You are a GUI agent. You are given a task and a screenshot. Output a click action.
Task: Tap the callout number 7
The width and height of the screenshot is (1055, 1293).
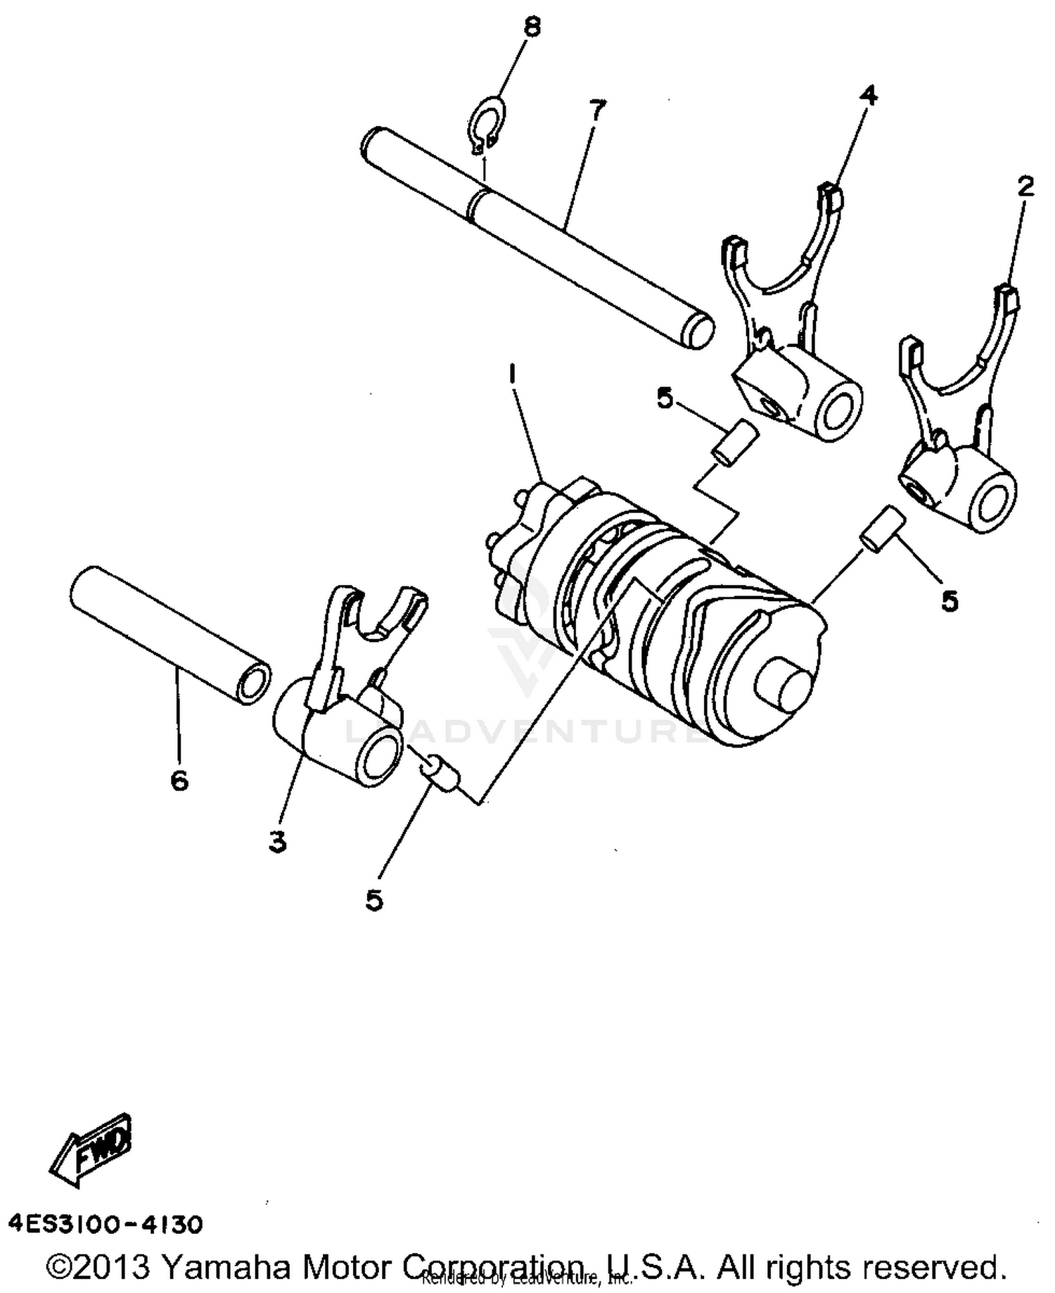596,111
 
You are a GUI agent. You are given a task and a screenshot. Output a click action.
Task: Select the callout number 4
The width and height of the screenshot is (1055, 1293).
869,94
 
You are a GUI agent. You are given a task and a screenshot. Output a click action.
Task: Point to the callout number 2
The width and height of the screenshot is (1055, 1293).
1025,187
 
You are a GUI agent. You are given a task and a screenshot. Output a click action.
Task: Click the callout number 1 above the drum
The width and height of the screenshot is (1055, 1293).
513,374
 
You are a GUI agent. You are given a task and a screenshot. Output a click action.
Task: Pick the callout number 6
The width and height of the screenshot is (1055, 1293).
179,780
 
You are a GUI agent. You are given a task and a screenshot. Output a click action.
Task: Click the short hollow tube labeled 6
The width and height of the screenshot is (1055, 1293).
169,633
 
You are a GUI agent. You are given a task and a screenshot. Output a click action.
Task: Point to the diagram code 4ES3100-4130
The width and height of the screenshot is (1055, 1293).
105,1225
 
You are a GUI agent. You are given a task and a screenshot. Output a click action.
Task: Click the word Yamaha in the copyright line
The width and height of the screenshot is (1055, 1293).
225,1267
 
